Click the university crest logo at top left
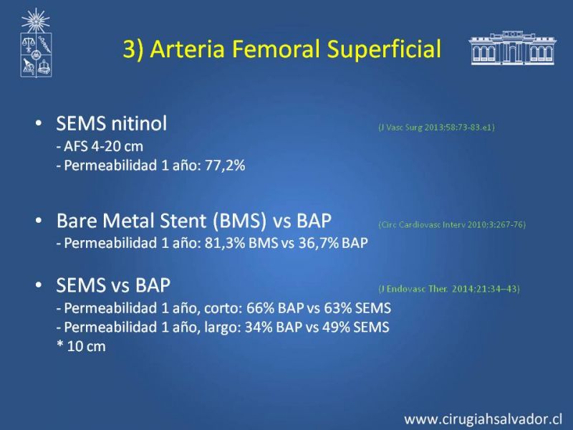pos(36,43)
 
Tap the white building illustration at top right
pos(512,48)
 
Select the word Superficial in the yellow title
pos(384,49)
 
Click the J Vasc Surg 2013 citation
pos(437,128)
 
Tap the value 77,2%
pos(225,166)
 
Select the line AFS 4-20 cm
pos(100,147)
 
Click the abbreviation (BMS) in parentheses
pos(240,221)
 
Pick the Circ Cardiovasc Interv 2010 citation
pos(452,224)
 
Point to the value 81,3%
pos(225,243)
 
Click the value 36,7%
pos(319,243)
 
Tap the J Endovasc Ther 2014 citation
pos(449,289)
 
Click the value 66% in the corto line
pos(260,308)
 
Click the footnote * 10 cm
pos(81,346)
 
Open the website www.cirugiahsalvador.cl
pos(483,419)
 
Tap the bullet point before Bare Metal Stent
pos(39,221)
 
